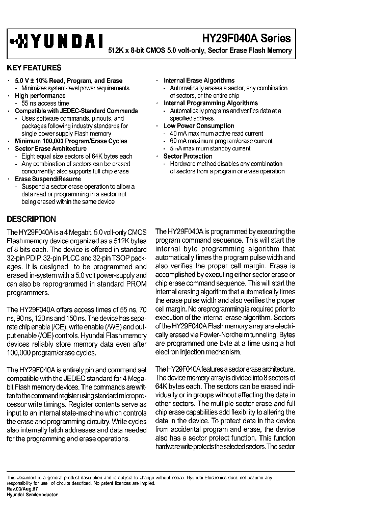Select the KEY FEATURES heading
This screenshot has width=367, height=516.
click(x=34, y=68)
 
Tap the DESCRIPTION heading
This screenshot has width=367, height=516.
click(x=31, y=219)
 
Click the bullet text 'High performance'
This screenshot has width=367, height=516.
click(x=40, y=96)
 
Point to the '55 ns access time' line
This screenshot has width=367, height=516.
click(x=45, y=103)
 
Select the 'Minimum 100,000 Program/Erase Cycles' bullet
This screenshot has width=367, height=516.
click(x=71, y=141)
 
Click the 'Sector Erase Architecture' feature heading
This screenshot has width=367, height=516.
click(x=50, y=148)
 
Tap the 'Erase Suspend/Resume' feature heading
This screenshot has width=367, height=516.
click(x=48, y=179)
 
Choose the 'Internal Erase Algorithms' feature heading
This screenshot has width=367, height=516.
click(x=199, y=81)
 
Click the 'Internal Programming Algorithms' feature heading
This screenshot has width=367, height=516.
click(x=211, y=103)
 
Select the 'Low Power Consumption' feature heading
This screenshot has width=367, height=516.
click(x=199, y=126)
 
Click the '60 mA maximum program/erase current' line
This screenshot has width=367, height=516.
click(x=221, y=141)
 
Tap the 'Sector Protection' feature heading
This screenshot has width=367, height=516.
click(x=188, y=156)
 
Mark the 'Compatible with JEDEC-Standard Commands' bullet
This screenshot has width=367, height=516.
click(x=76, y=111)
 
